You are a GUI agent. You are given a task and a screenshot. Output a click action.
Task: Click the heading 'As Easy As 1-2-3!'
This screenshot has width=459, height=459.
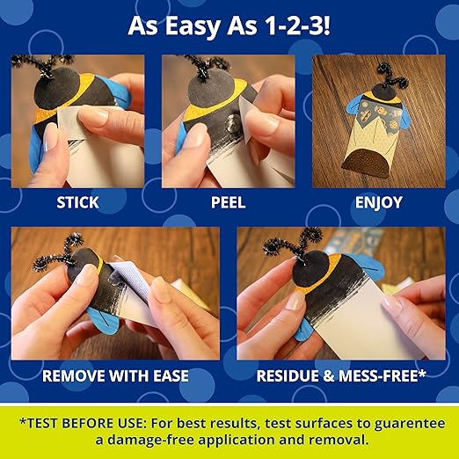[x=229, y=25]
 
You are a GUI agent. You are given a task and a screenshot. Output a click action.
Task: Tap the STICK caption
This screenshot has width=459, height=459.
[x=78, y=203]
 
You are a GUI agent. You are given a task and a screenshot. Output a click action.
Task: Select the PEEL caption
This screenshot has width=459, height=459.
[x=229, y=203]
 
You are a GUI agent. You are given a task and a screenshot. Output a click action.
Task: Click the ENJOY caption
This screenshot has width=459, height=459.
[x=379, y=203]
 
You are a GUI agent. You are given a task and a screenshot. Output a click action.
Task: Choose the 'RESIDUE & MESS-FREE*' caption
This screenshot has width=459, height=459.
[x=341, y=375]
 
